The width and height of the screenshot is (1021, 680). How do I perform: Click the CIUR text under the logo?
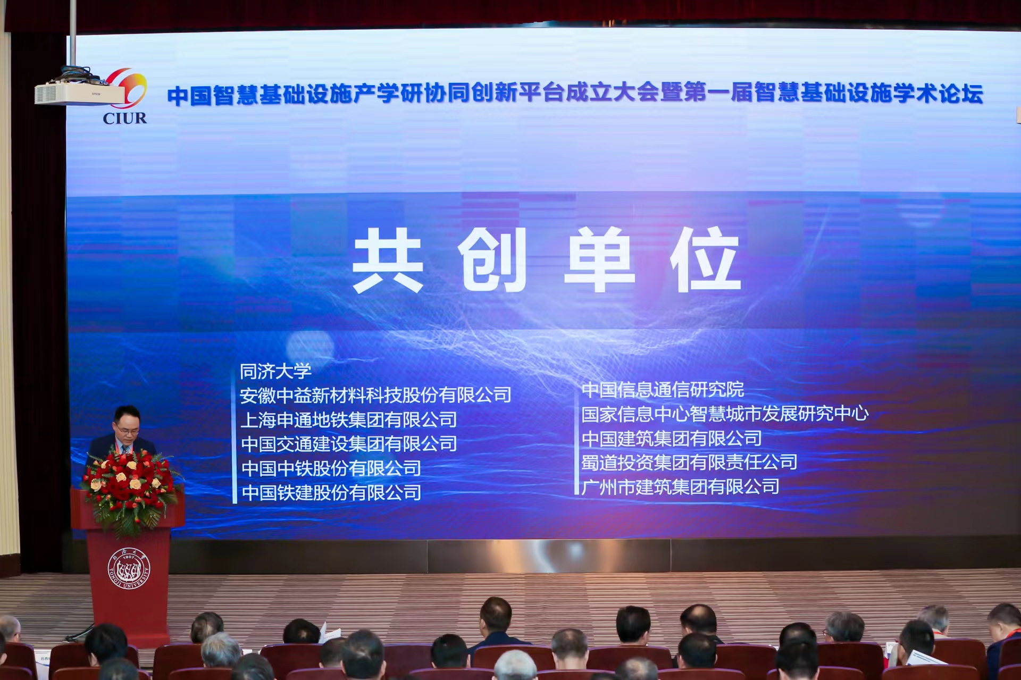(124, 117)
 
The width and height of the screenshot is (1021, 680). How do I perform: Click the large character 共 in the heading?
(388, 260)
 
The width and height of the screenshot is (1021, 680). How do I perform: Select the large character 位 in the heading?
(705, 259)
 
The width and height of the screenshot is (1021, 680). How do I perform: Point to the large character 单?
(599, 259)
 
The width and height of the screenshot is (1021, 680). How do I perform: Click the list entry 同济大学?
(275, 371)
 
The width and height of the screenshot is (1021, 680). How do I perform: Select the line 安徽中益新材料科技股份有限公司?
(375, 395)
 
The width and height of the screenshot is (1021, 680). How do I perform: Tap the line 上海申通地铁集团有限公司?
(349, 419)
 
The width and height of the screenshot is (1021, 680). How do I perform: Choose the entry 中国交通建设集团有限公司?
(349, 444)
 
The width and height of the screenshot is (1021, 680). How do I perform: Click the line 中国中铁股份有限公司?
(331, 468)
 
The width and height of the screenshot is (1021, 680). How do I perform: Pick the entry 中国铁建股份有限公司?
(331, 493)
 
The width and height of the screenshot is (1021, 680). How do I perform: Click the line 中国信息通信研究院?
(663, 390)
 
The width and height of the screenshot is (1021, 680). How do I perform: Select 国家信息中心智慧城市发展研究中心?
(725, 414)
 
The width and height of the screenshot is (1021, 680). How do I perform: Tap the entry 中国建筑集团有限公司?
(672, 438)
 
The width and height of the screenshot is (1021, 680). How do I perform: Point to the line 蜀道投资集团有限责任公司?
(689, 463)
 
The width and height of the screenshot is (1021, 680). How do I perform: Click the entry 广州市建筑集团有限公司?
(680, 486)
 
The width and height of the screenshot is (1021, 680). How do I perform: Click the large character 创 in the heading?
(492, 259)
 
